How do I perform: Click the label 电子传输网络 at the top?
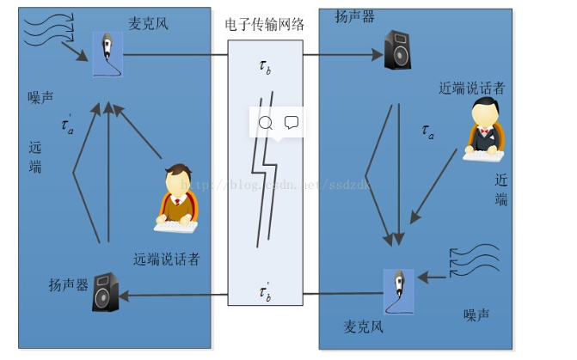pyautogui.click(x=264, y=25)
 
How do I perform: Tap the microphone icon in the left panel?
pyautogui.click(x=107, y=53)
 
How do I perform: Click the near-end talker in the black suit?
pyautogui.click(x=483, y=130)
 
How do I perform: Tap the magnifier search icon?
pyautogui.click(x=265, y=123)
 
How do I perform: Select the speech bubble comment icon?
pyautogui.click(x=292, y=123)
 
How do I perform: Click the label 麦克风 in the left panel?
pyautogui.click(x=149, y=23)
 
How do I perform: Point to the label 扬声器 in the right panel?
pyautogui.click(x=354, y=17)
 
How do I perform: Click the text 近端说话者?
pyautogui.click(x=471, y=87)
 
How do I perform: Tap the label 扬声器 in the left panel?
pyautogui.click(x=69, y=284)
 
